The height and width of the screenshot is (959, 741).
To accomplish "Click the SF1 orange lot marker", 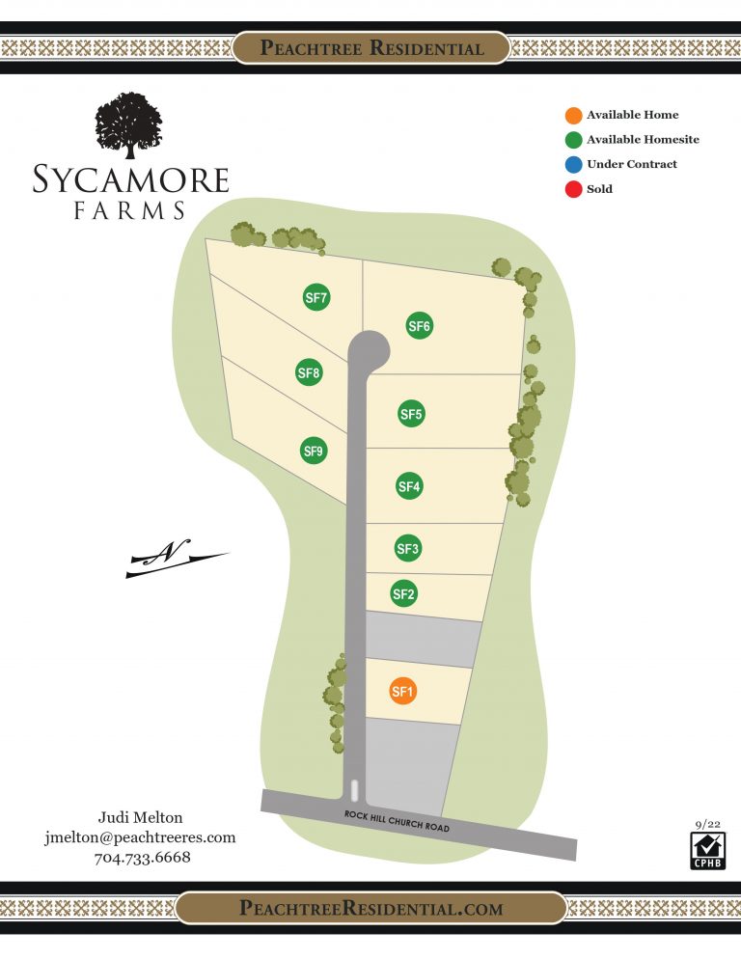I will [402, 691].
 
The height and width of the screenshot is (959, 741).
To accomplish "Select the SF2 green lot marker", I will [403, 594].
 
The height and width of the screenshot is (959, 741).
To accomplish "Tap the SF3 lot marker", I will [408, 549].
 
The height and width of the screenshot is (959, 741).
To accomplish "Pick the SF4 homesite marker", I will [410, 487].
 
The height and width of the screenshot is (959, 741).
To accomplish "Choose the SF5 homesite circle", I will [411, 414].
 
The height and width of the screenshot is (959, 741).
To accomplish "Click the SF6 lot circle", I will [419, 326].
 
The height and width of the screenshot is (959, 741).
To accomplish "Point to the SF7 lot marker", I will [316, 298].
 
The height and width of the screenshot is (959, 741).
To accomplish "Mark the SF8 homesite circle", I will [309, 372].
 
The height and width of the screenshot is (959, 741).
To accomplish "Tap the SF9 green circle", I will [314, 450].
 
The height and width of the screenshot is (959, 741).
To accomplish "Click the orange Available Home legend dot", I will [573, 116].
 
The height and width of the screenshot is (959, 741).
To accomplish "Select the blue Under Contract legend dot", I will [573, 164].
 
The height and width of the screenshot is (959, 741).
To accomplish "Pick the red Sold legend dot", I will [573, 189].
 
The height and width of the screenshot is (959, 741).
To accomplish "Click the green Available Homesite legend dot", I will [573, 140].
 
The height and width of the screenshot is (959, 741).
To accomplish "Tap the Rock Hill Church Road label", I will [397, 821].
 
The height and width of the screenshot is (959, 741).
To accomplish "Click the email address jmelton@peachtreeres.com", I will [140, 837].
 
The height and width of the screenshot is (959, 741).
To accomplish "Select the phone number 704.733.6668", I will [142, 858].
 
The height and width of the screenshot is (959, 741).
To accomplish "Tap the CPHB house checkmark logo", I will [707, 850].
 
